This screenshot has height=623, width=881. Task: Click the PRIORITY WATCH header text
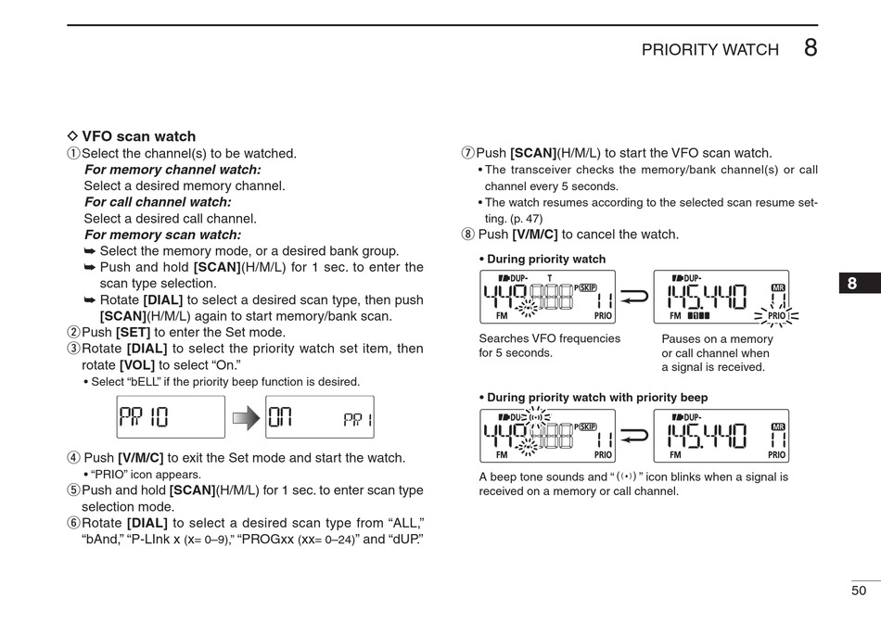[709, 50]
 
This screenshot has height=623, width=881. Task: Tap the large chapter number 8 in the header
[811, 48]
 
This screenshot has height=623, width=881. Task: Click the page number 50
[859, 591]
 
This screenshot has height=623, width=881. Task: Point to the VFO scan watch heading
[138, 136]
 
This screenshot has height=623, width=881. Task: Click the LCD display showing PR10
[171, 417]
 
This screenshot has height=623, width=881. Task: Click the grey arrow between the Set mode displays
[246, 418]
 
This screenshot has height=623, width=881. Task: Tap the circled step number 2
[73, 333]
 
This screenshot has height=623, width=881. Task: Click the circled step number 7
[468, 154]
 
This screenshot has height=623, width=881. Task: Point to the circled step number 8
[468, 235]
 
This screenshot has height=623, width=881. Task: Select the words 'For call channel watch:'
[158, 202]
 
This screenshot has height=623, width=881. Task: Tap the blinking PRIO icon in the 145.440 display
[776, 316]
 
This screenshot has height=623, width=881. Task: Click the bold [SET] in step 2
[134, 333]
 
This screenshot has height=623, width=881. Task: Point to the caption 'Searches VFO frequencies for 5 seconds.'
[549, 346]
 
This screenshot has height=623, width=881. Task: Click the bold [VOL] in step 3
[138, 365]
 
